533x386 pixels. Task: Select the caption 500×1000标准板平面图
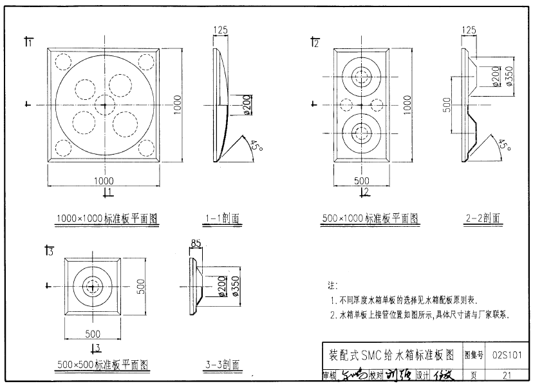pyautogui.click(x=369, y=219)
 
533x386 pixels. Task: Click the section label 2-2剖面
pyautogui.click(x=483, y=219)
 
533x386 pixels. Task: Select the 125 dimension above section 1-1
pyautogui.click(x=221, y=30)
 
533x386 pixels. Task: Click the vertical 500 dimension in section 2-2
pyautogui.click(x=447, y=105)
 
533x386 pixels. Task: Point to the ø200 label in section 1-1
pyautogui.click(x=246, y=105)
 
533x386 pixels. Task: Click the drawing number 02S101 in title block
pyautogui.click(x=507, y=354)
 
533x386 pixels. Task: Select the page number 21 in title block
pyautogui.click(x=507, y=374)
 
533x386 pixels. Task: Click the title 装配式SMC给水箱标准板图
pyautogui.click(x=391, y=354)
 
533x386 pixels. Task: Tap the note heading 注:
pyautogui.click(x=332, y=284)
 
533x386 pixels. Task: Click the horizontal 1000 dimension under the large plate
pyautogui.click(x=104, y=180)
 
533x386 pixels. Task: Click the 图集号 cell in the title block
pyautogui.click(x=474, y=354)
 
